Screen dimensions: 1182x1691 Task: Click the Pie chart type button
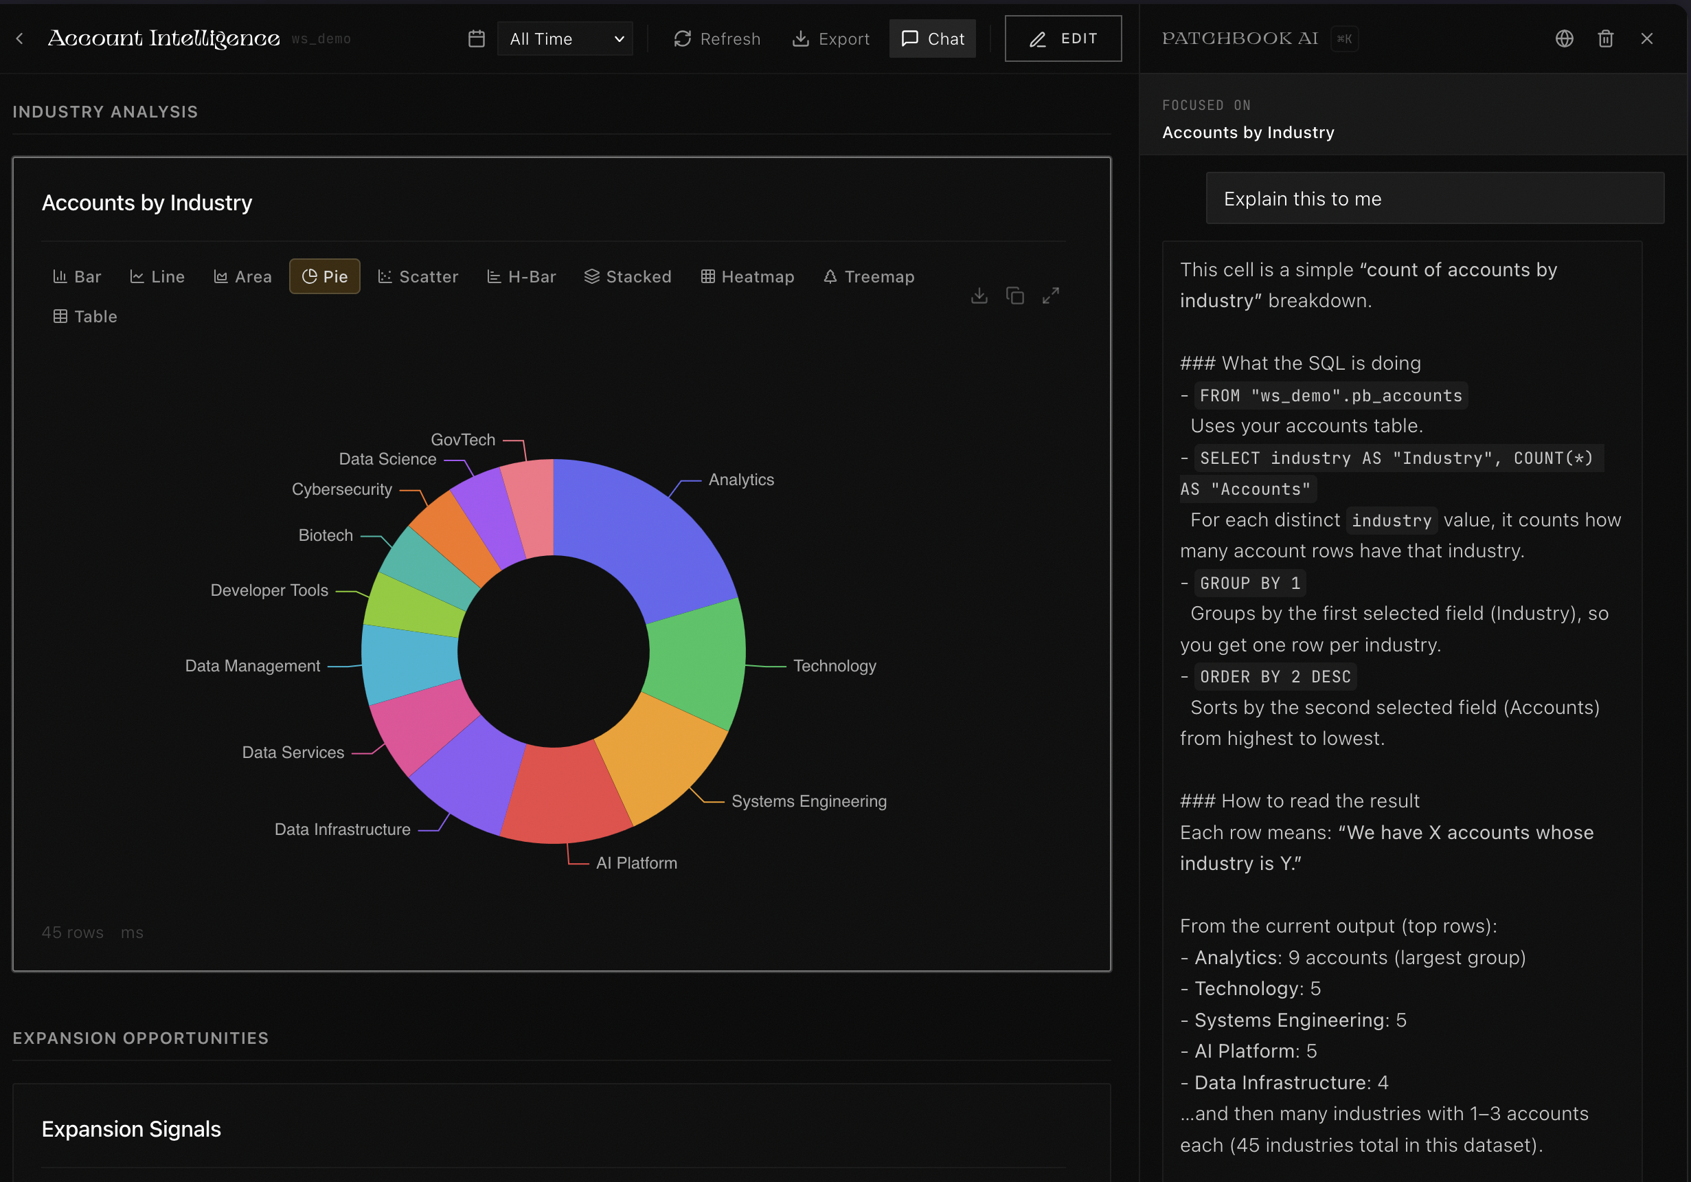[325, 276]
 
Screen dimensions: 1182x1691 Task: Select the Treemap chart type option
[869, 276]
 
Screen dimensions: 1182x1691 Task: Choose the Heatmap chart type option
[747, 276]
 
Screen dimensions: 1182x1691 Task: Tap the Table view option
[85, 316]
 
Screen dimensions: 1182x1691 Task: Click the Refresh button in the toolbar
[716, 38]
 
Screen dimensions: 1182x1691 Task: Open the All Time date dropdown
[565, 38]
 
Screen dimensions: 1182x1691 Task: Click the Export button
[831, 38]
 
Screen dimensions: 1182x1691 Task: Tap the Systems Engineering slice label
[808, 801]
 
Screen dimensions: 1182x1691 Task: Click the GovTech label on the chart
[462, 440]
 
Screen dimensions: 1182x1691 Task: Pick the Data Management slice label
[253, 666]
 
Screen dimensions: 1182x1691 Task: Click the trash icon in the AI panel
[1606, 38]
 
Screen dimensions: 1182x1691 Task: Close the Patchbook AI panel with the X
[1647, 38]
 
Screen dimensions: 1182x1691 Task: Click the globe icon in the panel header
[1565, 38]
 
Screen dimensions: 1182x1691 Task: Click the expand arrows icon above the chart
[1050, 295]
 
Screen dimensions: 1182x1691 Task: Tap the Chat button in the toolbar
[933, 38]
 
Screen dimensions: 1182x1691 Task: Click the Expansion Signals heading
[131, 1129]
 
